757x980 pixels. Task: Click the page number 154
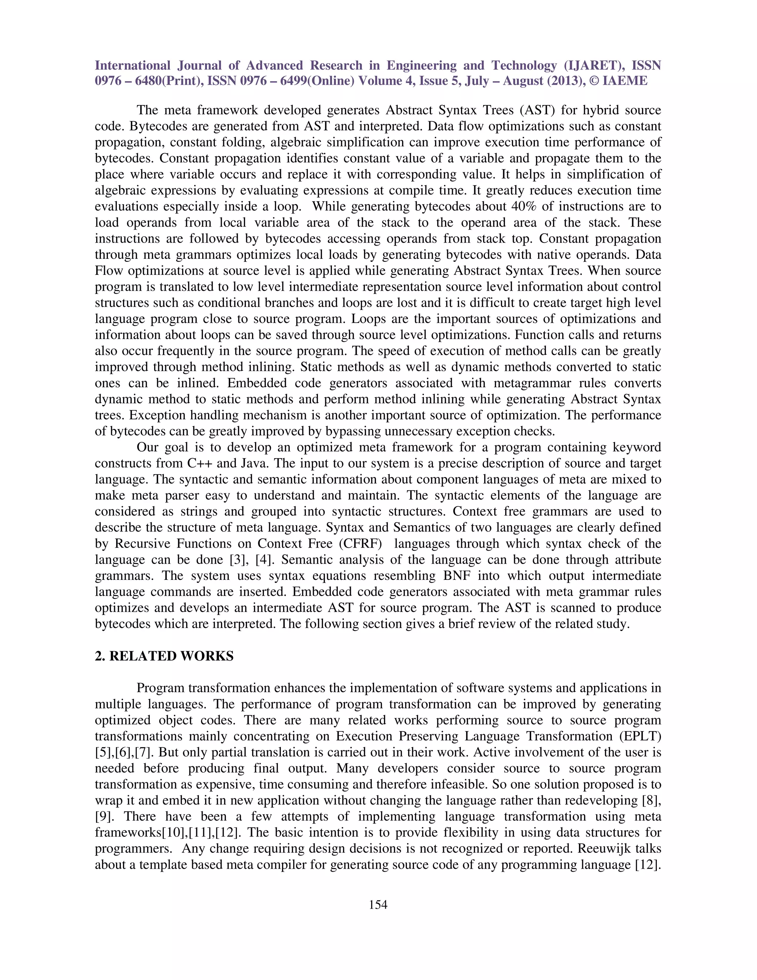pyautogui.click(x=378, y=905)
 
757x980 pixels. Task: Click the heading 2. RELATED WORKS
pyautogui.click(x=164, y=656)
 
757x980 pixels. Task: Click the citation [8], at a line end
pyautogui.click(x=652, y=800)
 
